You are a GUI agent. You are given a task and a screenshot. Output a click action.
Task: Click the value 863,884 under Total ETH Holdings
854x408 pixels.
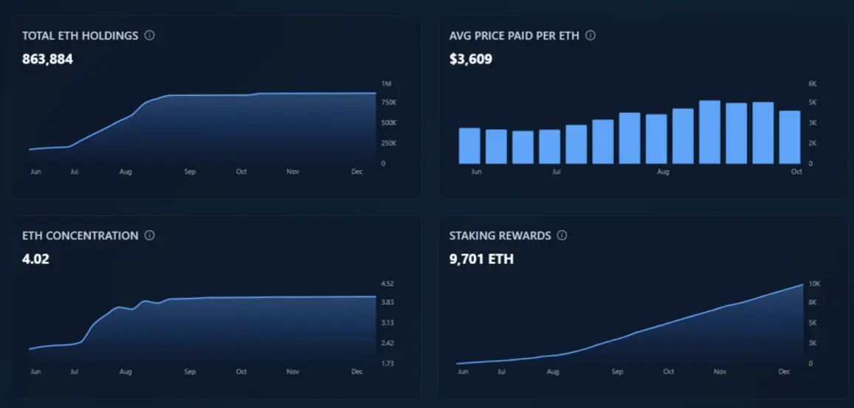tap(47, 59)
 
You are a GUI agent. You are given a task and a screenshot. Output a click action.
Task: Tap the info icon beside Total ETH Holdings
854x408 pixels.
tap(150, 35)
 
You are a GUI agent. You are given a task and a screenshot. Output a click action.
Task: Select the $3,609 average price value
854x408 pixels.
tap(470, 59)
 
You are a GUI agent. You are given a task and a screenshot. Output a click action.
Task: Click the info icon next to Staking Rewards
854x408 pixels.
tap(562, 235)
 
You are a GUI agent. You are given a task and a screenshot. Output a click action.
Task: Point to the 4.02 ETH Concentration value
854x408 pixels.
tap(35, 259)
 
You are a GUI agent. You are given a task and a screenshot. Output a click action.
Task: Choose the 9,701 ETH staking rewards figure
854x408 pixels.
tap(481, 259)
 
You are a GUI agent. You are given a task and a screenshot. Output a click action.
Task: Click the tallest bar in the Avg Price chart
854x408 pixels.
tap(709, 132)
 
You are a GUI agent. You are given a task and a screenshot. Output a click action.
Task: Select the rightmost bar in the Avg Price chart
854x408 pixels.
tap(790, 137)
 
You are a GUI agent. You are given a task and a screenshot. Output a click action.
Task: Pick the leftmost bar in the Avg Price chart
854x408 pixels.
tap(469, 145)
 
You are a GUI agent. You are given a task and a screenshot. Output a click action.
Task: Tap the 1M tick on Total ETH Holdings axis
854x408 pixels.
tap(386, 83)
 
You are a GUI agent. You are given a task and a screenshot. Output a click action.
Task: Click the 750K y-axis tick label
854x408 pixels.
tap(389, 103)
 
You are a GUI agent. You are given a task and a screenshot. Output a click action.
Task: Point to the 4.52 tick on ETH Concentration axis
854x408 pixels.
tap(388, 284)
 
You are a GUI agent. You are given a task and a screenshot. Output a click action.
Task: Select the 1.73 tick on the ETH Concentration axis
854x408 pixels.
tap(388, 364)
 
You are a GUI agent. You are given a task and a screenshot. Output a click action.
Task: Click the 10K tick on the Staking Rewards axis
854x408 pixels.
tap(814, 284)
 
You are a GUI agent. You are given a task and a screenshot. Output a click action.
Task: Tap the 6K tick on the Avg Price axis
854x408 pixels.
tap(813, 83)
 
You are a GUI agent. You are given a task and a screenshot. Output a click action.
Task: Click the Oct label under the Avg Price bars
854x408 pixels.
tap(796, 171)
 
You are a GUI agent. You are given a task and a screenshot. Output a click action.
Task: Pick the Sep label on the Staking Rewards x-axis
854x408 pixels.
tap(617, 372)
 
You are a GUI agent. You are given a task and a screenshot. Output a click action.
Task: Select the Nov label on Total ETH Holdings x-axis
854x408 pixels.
tap(293, 171)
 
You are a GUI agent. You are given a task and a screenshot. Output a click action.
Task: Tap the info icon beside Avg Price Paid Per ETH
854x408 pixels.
tap(590, 35)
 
